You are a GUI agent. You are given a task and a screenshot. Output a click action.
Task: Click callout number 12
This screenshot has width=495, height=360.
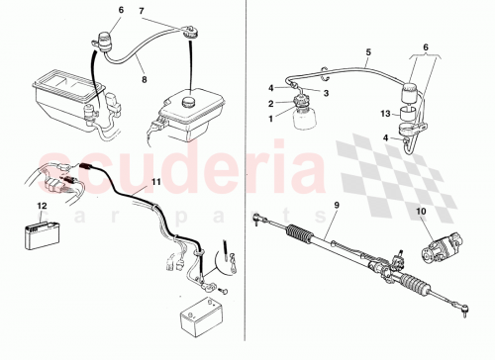pos(41,205)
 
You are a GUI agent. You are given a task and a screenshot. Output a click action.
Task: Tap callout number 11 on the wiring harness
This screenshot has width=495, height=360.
pos(154,184)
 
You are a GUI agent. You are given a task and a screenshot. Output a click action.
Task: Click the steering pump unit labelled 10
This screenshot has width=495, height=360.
pos(436,248)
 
